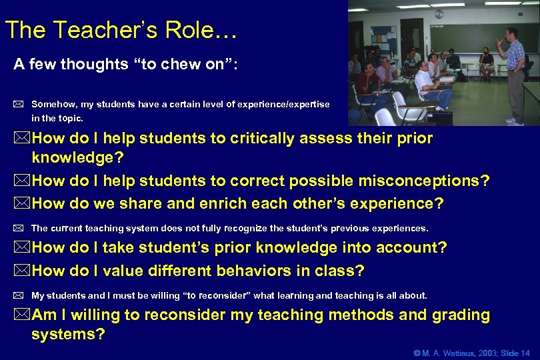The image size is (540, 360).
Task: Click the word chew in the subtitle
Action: (165, 65)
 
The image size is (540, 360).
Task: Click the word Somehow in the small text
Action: (53, 105)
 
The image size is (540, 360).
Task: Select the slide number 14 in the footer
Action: (525, 352)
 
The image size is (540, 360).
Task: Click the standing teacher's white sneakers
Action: (514, 122)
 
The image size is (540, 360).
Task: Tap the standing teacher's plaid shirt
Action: (515, 57)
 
